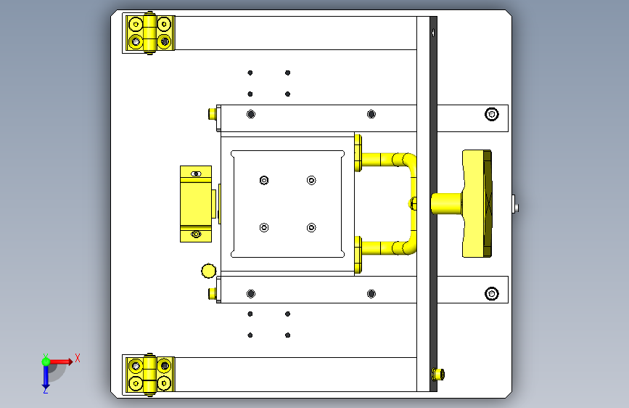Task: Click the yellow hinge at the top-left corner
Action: click(x=150, y=33)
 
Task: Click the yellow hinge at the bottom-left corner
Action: click(x=150, y=375)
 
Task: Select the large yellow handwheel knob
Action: click(x=477, y=203)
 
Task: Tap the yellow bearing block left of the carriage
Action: click(x=196, y=204)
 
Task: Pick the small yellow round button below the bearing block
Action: click(x=209, y=271)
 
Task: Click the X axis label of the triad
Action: click(x=78, y=358)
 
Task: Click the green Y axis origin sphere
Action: click(x=46, y=362)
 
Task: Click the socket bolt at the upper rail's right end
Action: click(x=492, y=114)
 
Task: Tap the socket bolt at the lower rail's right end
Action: click(x=492, y=293)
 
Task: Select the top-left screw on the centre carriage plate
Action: click(x=264, y=180)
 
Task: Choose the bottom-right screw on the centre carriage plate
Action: click(x=311, y=228)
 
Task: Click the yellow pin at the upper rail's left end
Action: click(x=213, y=114)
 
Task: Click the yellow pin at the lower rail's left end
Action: click(x=213, y=293)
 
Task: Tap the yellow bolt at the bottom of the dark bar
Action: click(x=438, y=375)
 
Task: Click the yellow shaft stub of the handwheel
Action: click(x=446, y=203)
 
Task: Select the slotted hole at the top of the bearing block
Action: click(x=196, y=174)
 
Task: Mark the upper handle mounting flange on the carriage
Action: click(x=358, y=153)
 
